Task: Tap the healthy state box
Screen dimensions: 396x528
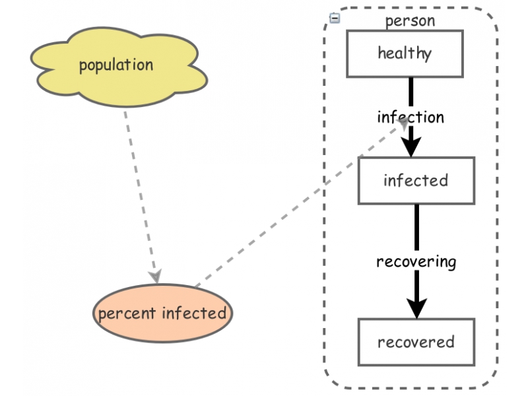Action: (x=405, y=53)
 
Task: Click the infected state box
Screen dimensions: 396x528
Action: (x=415, y=180)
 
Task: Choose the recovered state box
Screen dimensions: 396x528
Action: (x=416, y=342)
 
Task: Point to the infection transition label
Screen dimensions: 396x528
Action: (x=411, y=117)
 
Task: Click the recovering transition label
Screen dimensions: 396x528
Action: (x=416, y=261)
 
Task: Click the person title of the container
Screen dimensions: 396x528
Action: (x=410, y=20)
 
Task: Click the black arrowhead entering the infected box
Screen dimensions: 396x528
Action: (x=411, y=147)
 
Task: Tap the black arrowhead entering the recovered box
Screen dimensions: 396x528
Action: (x=416, y=308)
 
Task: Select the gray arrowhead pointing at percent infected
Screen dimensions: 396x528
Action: (x=155, y=274)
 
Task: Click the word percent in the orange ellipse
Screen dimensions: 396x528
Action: (x=122, y=313)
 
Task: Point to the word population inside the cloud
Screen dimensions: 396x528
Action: (x=115, y=65)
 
